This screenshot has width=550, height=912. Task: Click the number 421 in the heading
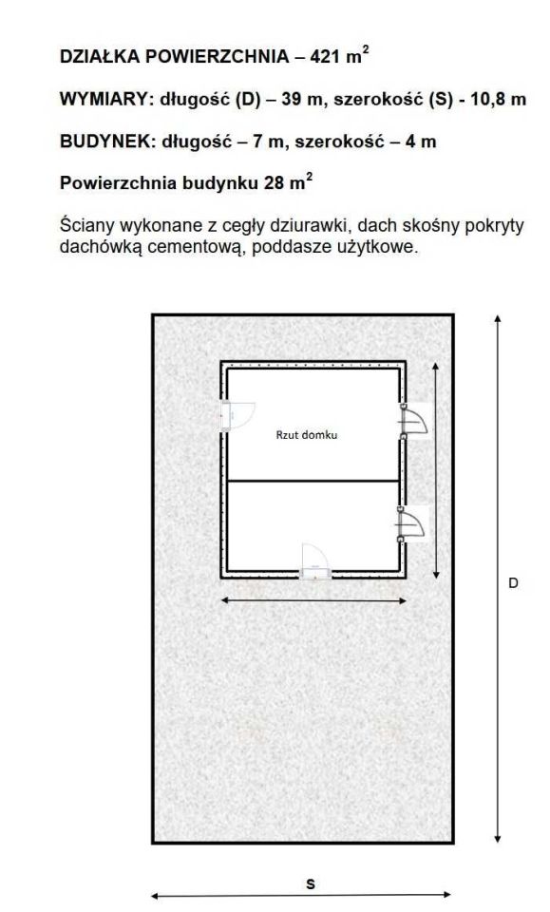point(326,56)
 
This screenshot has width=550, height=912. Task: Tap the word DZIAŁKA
point(100,56)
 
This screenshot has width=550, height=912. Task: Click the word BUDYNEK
point(105,142)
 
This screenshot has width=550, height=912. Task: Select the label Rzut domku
point(307,434)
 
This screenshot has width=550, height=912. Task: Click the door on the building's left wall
point(236,415)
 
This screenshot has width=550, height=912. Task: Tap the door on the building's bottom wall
point(314,562)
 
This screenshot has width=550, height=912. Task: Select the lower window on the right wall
point(413,524)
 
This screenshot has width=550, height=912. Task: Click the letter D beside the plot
point(513,582)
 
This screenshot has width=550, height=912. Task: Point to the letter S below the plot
point(311,884)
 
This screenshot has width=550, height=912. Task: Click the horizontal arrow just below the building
point(313,600)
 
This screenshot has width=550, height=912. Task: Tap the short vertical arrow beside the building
point(436,470)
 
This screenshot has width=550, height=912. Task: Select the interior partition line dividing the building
point(313,481)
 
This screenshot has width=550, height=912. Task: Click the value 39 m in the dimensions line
point(302,99)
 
